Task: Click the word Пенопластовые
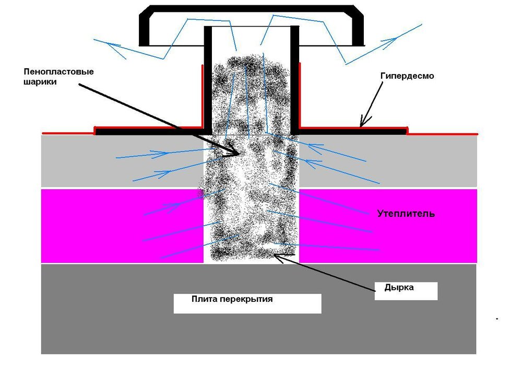coord(59,72)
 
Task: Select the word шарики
coord(40,82)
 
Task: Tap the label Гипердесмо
coord(407,76)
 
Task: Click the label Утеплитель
coord(406,213)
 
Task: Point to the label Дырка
coord(399,287)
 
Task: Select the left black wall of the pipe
coord(208,80)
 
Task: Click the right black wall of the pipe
coord(294,80)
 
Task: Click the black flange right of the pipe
coord(352,132)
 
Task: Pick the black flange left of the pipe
coord(149,132)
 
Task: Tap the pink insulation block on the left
coord(122,226)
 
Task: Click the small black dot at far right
coord(497,319)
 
